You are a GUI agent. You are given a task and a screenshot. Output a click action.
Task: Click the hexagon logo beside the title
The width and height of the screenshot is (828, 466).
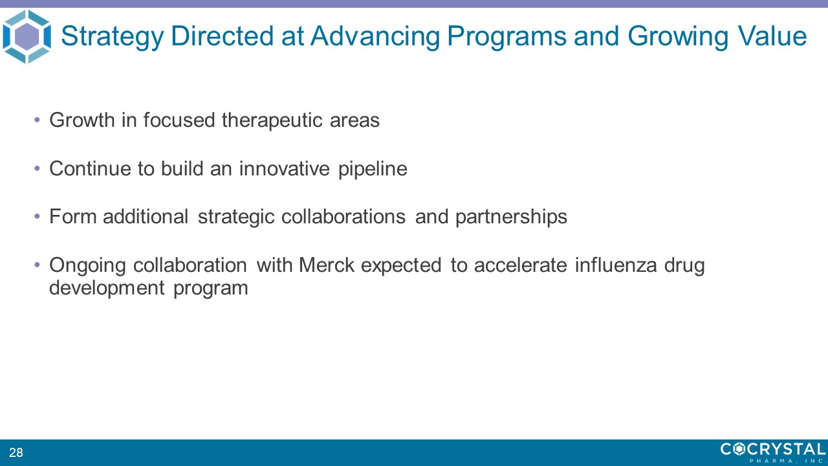click(x=27, y=36)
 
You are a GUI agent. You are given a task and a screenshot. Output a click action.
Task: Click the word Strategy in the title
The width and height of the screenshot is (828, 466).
click(x=112, y=37)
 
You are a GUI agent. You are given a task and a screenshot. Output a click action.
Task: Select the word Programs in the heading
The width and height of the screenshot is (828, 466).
click(x=507, y=37)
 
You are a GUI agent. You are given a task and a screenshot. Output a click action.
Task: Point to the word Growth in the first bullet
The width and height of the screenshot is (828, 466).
click(x=82, y=120)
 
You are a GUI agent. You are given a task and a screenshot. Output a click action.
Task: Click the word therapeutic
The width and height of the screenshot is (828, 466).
click(x=272, y=120)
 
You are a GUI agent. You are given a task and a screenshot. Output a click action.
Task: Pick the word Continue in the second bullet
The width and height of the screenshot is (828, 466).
click(x=90, y=168)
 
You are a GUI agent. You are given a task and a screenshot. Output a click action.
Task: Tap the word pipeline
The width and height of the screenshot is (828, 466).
click(x=373, y=169)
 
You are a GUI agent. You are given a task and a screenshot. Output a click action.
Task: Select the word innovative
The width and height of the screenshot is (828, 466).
click(x=284, y=168)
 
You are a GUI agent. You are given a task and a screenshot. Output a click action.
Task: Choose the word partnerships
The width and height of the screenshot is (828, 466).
click(x=511, y=217)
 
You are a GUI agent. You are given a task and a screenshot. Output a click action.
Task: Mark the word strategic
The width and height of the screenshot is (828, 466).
click(x=236, y=217)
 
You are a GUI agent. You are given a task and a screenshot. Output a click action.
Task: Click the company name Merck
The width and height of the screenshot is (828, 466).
click(x=327, y=265)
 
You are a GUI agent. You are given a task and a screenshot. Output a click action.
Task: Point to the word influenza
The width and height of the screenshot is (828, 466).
click(x=616, y=265)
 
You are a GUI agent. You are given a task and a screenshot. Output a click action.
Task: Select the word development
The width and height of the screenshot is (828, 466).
click(x=107, y=288)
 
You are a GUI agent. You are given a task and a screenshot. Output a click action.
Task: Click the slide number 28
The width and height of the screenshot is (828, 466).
click(x=16, y=452)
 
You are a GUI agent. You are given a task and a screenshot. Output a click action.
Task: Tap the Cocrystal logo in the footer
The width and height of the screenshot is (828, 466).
click(x=773, y=452)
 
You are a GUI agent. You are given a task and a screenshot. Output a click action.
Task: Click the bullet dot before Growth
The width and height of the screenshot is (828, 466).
click(x=37, y=120)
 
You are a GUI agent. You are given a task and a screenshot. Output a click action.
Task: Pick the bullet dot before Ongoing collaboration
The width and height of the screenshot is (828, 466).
click(x=37, y=265)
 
